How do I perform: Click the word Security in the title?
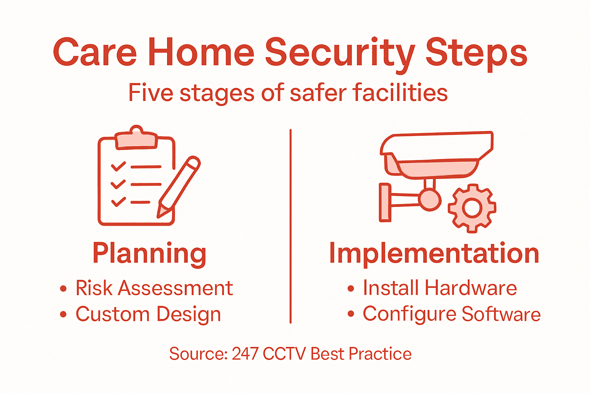(340, 53)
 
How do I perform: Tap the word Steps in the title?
(476, 53)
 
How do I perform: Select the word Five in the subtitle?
(150, 92)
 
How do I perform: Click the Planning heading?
(149, 254)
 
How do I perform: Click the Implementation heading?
(434, 254)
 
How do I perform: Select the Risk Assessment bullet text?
(154, 288)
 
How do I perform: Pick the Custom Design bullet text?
(148, 314)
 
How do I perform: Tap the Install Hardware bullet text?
(440, 288)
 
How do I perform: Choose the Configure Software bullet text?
(452, 314)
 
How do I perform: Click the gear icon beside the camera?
(472, 208)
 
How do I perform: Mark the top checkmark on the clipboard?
(118, 167)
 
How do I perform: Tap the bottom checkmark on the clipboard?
(118, 201)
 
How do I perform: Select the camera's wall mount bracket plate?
(385, 202)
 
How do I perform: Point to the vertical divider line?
(290, 226)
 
